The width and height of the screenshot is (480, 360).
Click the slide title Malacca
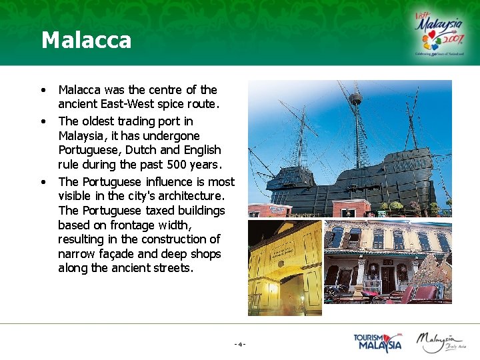[86, 40]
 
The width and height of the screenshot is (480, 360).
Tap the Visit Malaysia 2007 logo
[440, 33]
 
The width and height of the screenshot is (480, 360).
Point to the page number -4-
[240, 344]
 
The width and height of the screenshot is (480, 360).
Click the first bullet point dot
[43, 90]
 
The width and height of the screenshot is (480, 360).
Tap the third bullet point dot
[43, 181]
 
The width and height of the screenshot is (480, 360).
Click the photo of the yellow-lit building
[285, 267]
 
